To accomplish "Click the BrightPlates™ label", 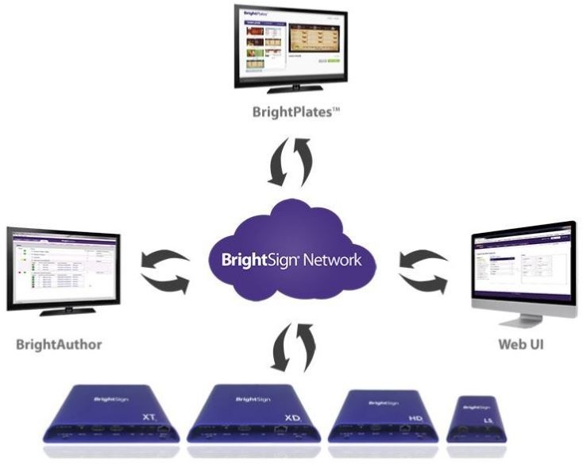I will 295,112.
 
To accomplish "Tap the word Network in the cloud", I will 330,260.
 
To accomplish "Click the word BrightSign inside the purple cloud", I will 253,260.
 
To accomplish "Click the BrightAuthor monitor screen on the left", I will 64,268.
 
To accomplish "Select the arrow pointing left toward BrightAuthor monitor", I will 163,259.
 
